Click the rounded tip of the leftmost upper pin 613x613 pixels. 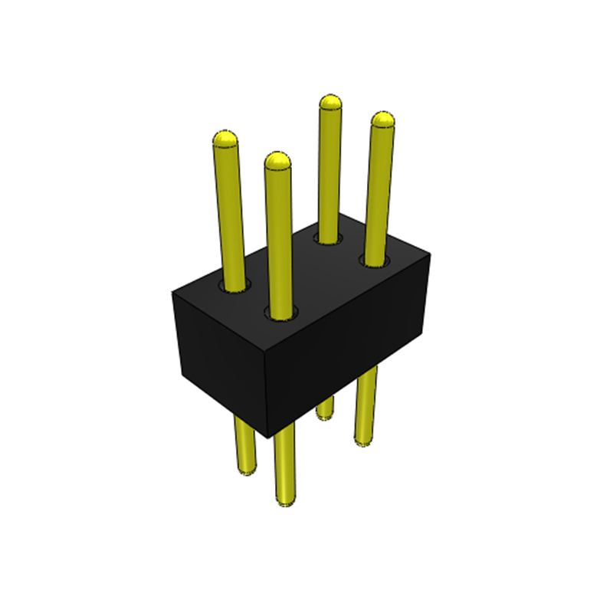pos(225,139)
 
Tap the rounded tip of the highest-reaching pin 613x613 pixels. pos(330,103)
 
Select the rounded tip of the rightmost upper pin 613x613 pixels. pos(382,120)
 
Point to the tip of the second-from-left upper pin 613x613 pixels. pos(277,161)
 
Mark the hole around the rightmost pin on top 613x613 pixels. pos(375,263)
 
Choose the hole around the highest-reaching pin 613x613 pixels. pos(329,240)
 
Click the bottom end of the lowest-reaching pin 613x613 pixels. pos(284,502)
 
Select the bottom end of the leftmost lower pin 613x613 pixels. pos(247,469)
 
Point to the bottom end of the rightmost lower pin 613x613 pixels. pos(364,439)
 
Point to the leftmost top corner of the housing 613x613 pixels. pos(172,292)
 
